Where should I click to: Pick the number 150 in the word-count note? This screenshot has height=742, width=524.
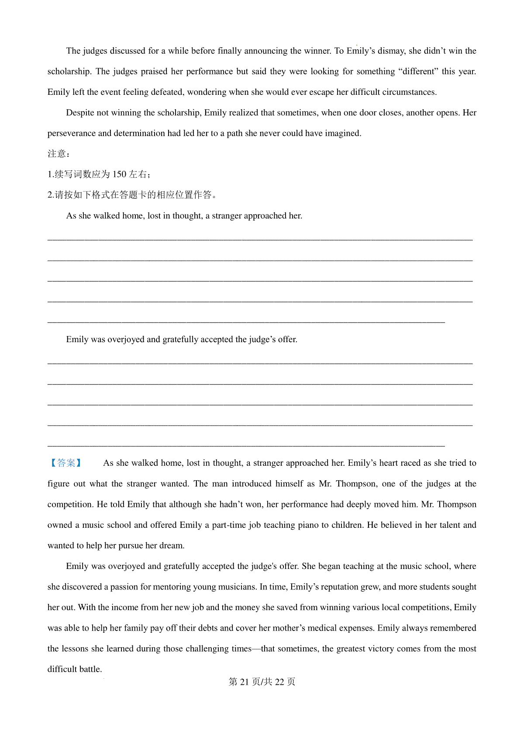[119, 174]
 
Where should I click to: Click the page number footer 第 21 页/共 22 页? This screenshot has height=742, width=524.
[262, 682]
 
